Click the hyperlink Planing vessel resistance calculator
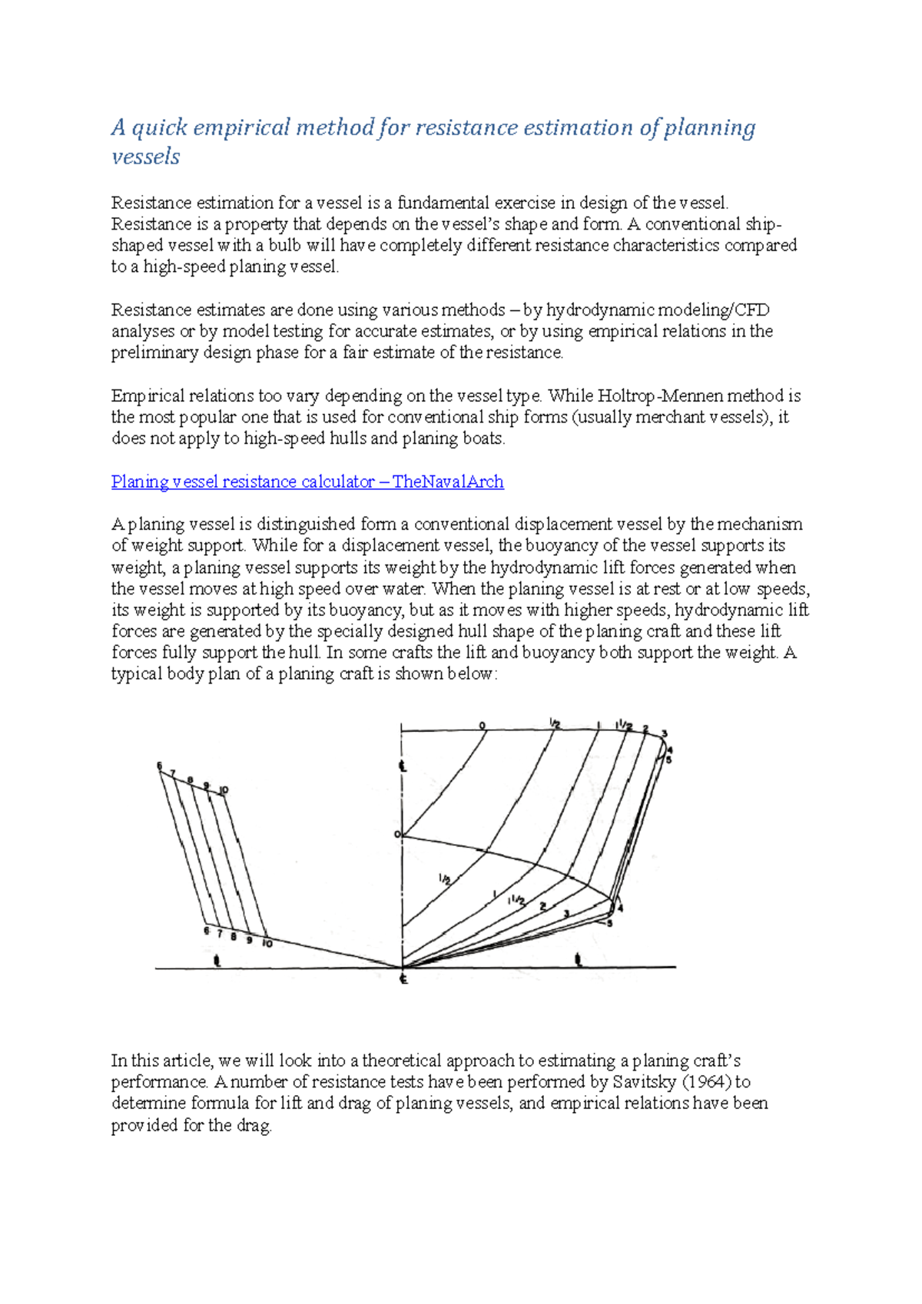click(243, 482)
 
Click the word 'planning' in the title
click(709, 127)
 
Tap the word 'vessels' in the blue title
click(145, 157)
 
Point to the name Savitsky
click(644, 1082)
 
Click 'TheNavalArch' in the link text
click(448, 482)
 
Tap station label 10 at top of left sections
click(224, 790)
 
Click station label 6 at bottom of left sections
click(206, 931)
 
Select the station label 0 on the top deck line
click(483, 725)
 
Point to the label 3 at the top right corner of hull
click(665, 733)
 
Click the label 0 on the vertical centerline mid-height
click(397, 834)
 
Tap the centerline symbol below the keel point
click(403, 979)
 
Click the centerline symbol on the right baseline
click(578, 959)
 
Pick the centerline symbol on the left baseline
click(217, 960)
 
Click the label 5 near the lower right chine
click(610, 923)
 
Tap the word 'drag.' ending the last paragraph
click(255, 1126)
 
